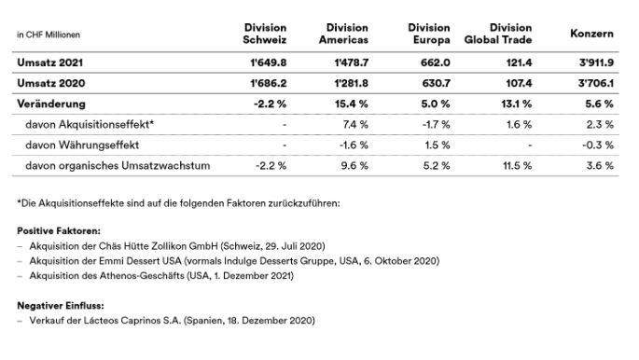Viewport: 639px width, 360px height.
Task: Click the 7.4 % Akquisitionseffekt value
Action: (x=355, y=123)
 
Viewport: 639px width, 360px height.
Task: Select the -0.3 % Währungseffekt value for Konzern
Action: (x=598, y=144)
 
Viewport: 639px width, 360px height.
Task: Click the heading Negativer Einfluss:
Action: (x=58, y=305)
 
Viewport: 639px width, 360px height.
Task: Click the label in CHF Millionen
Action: (x=49, y=35)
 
